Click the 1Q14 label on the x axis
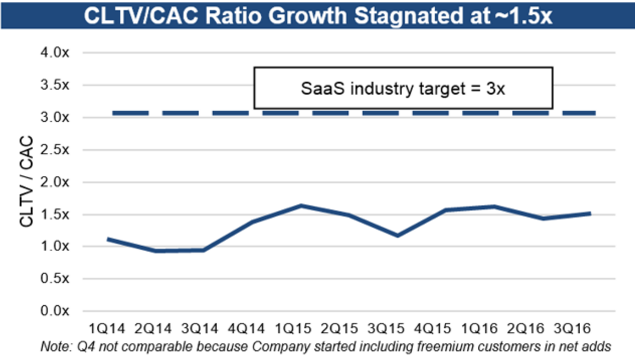tap(108, 330)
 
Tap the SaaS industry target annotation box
tap(403, 88)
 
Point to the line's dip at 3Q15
tap(398, 235)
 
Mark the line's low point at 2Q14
tap(156, 251)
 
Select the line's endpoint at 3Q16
tap(590, 213)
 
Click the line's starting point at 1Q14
tap(108, 239)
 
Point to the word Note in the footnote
tap(52, 347)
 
